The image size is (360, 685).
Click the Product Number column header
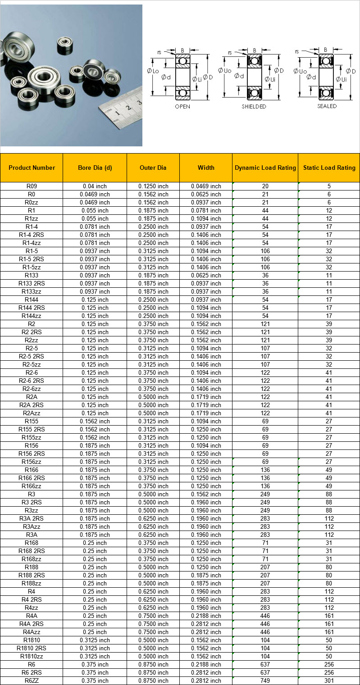tap(32, 168)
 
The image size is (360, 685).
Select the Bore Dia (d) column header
tap(95, 168)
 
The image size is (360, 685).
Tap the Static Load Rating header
tap(329, 168)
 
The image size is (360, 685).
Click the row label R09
tap(32, 186)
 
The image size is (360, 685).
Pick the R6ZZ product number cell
tap(32, 680)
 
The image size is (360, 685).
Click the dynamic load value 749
tap(265, 680)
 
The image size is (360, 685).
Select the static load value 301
tap(329, 680)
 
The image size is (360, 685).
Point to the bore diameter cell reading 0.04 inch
tap(95, 186)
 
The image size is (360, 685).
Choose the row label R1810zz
tap(32, 656)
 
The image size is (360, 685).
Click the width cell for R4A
tap(206, 616)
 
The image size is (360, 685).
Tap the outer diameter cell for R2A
tap(153, 397)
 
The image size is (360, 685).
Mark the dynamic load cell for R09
tap(265, 186)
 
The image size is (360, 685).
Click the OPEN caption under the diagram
tap(182, 107)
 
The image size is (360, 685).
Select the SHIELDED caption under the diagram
tap(254, 107)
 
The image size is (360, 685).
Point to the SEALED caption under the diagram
tap(327, 106)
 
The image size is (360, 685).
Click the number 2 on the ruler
tap(128, 108)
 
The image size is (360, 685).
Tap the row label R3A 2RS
tap(32, 518)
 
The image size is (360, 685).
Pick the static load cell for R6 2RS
tap(329, 672)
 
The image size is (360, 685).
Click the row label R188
tap(32, 567)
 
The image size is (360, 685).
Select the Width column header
tap(206, 168)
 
